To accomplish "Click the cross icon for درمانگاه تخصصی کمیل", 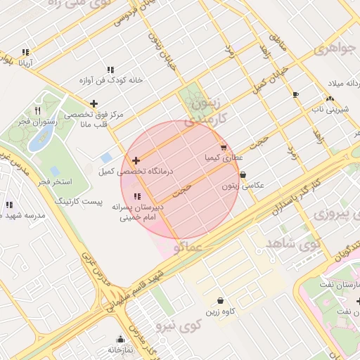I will tap(136, 161).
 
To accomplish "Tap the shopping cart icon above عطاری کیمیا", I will tap(224, 148).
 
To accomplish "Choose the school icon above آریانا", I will tap(26, 52).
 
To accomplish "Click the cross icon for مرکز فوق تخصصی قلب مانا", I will tap(94, 103).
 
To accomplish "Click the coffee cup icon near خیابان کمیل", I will tap(295, 94).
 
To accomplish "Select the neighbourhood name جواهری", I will tap(334, 51).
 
